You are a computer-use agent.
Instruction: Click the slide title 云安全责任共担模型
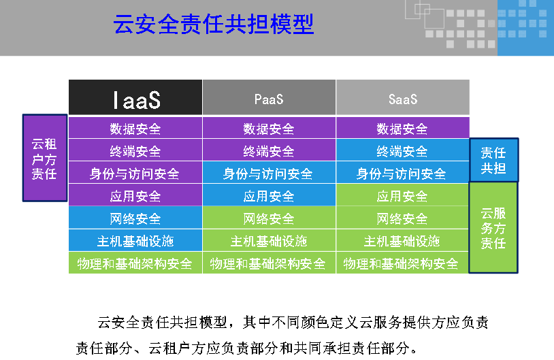click(214, 24)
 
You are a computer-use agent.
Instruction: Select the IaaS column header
click(135, 97)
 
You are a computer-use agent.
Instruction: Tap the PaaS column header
click(269, 97)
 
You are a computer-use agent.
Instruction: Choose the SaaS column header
click(403, 97)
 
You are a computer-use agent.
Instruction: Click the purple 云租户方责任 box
click(45, 158)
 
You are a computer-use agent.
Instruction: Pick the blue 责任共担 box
click(493, 160)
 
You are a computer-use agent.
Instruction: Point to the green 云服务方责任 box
click(493, 227)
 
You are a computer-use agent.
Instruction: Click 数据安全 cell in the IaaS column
click(135, 128)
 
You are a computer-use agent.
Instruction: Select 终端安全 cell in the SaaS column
click(403, 150)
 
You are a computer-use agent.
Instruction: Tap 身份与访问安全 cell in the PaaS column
click(269, 172)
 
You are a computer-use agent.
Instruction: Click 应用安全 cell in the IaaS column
click(135, 195)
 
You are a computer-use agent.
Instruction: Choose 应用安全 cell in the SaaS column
click(403, 195)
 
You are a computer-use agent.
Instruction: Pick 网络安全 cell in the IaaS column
click(135, 218)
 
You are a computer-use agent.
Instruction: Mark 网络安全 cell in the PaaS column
click(269, 218)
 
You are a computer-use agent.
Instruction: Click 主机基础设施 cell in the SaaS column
click(403, 240)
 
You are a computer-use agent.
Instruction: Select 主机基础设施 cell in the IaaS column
click(135, 240)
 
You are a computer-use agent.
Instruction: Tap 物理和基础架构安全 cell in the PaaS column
click(269, 263)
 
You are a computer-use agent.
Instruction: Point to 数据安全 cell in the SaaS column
click(403, 128)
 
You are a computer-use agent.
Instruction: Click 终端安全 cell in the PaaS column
click(269, 150)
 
